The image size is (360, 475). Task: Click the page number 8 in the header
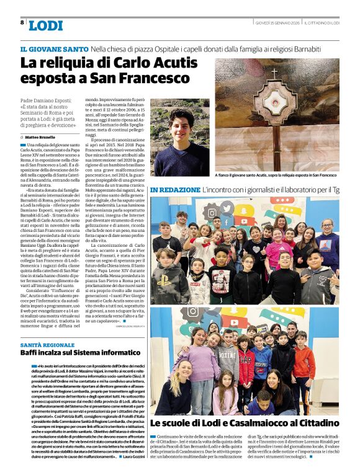coord(22,22)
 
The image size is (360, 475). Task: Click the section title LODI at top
coord(46,25)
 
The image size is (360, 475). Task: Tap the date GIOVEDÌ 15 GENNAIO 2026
coord(277,23)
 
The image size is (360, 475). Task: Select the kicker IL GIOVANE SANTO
coord(54,48)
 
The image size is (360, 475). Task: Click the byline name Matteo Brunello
coord(41,136)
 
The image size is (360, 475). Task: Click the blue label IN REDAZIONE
coord(174,189)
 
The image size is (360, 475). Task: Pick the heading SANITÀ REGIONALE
coord(47,344)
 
